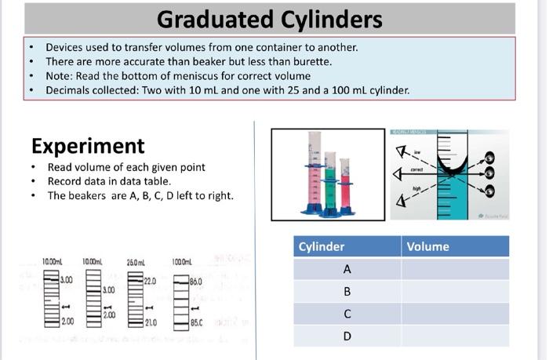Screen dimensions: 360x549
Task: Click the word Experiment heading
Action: (x=88, y=146)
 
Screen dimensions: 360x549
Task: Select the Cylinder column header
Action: (x=322, y=246)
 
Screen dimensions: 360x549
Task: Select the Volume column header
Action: (x=427, y=246)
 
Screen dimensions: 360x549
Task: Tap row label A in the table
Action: (x=347, y=269)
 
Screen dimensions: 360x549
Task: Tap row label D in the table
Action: (x=347, y=336)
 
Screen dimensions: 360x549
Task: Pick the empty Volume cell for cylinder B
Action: (x=455, y=292)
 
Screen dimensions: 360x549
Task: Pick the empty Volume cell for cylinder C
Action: (x=455, y=314)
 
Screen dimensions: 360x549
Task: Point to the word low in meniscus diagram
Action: (x=417, y=152)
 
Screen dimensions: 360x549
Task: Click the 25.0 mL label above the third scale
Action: (x=136, y=260)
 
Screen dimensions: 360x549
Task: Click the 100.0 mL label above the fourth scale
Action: (x=182, y=260)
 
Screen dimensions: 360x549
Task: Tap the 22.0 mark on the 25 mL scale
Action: (x=151, y=280)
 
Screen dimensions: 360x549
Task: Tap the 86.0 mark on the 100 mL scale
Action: (x=196, y=280)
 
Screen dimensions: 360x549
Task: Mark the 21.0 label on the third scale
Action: (x=151, y=322)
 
